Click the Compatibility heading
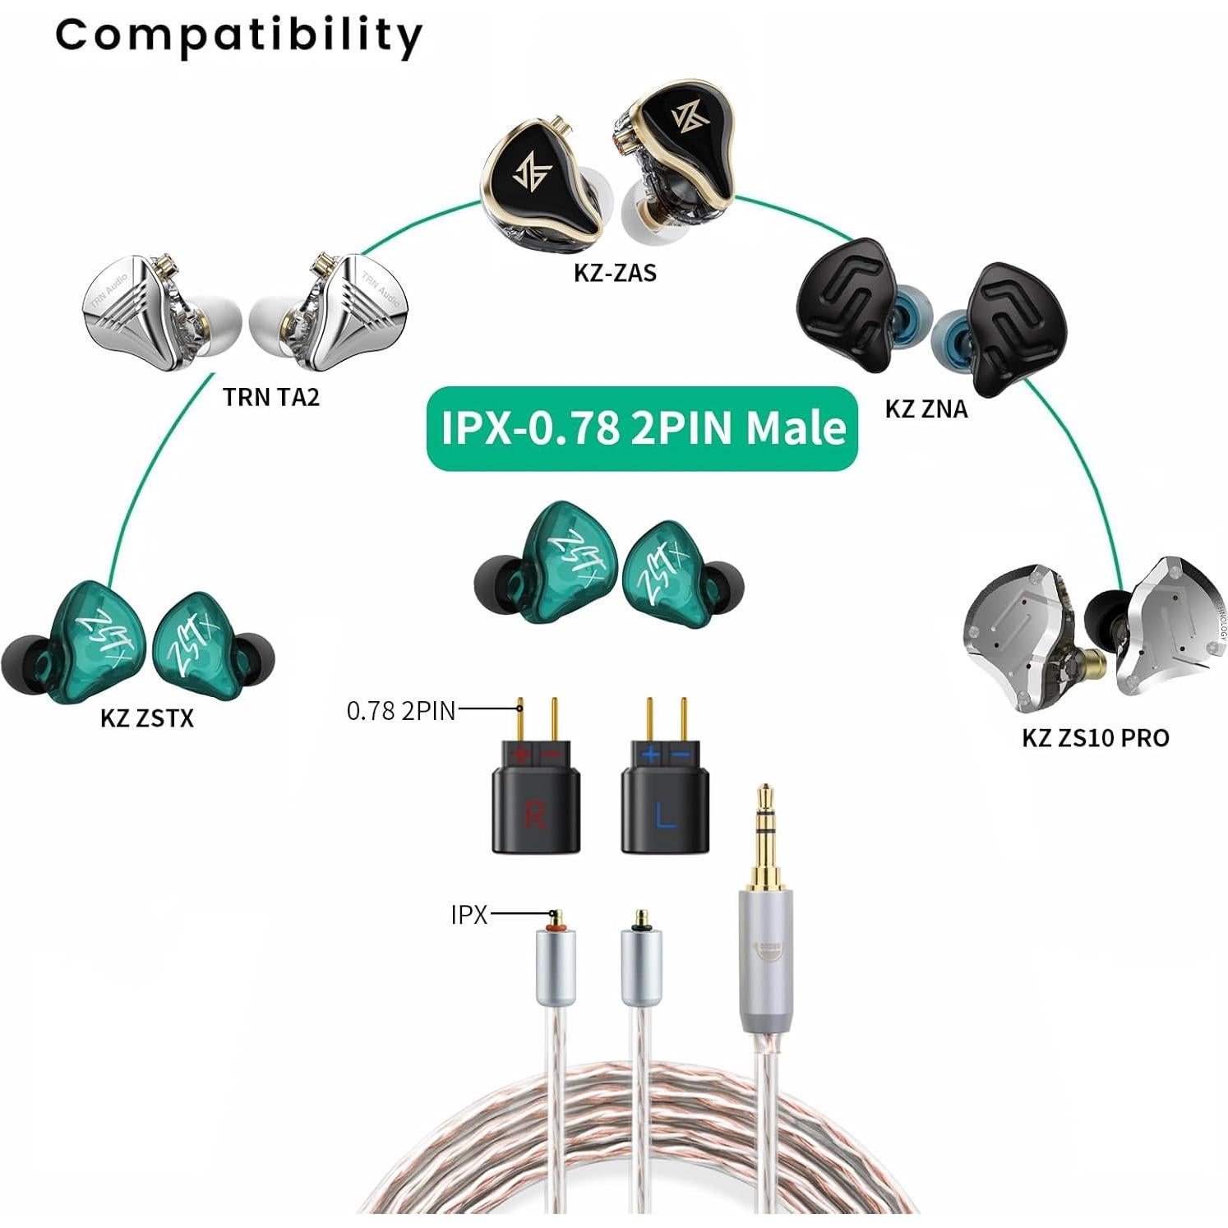point(238,36)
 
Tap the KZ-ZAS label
point(615,272)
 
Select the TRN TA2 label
point(270,397)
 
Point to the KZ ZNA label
point(926,409)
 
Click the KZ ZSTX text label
point(147,718)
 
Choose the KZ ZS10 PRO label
point(1095,737)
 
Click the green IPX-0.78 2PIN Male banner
point(642,428)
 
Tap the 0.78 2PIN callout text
point(401,710)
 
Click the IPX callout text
point(469,914)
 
